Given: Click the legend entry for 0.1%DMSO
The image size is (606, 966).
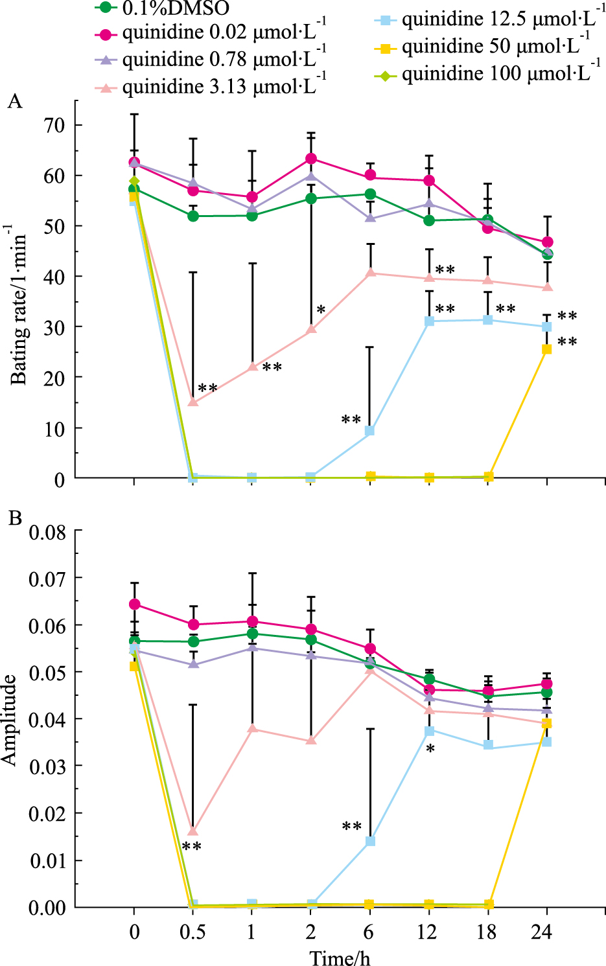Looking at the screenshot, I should pos(175,8).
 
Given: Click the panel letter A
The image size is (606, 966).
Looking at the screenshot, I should pos(14,102).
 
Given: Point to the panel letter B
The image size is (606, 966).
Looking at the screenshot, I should pos(14,518).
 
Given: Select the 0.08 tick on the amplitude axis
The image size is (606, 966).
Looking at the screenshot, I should pos(47,532).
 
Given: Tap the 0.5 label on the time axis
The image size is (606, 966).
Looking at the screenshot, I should pos(192,933).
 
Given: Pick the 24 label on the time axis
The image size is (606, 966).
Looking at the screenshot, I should pos(541,933).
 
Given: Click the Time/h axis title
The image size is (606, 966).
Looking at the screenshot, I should pos(340,958).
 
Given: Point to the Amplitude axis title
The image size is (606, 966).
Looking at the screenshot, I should pos(9,720).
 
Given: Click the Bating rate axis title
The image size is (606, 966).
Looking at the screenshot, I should pos(18,305).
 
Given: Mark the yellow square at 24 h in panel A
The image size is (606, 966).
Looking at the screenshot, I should pos(546,349).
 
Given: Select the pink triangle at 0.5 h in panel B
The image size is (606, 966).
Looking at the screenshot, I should pos(192,831).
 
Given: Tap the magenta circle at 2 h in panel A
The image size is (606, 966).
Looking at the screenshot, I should pos(311,159).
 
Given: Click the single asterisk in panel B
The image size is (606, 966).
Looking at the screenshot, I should pos(430,750).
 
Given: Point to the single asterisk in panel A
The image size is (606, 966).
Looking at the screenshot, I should pos(321,310).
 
